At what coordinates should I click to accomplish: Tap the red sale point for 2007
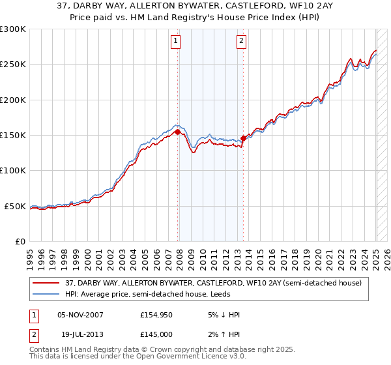point(178,132)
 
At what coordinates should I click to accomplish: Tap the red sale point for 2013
point(243,138)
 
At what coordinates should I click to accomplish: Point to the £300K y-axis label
point(12,29)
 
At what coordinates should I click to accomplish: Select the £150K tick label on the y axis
point(12,136)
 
